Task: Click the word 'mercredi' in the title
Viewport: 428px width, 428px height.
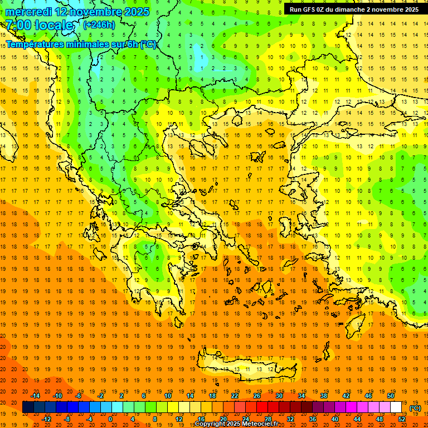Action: click(29, 12)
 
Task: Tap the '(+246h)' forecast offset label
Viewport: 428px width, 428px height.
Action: click(99, 25)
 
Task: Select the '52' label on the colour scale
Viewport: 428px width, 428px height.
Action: click(402, 419)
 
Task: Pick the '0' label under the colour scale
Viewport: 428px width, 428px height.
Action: click(110, 419)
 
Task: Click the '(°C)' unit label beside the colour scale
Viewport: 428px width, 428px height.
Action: click(415, 408)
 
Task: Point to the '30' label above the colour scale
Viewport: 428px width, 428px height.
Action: click(279, 396)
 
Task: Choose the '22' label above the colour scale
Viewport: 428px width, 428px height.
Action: click(235, 396)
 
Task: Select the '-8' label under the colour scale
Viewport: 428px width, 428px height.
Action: click(67, 419)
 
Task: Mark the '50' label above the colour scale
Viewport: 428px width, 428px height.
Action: click(391, 396)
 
